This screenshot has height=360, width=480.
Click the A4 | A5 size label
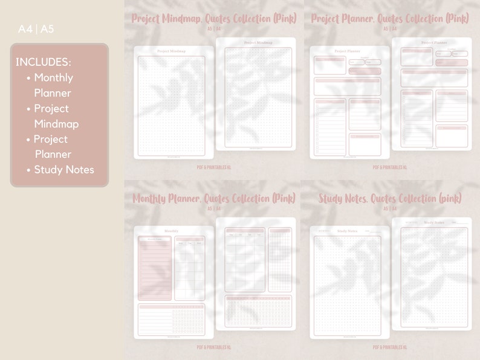tap(36, 28)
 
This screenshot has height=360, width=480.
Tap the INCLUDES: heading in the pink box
tap(43, 62)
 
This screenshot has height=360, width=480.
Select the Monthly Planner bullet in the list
tap(53, 85)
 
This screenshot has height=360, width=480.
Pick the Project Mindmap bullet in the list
tap(56, 116)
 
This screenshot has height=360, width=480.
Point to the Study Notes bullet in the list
tap(64, 170)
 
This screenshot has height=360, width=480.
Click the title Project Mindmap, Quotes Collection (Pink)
tap(214, 19)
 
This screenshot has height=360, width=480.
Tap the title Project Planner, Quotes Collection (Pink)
tap(390, 19)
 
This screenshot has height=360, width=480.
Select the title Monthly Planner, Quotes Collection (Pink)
tap(214, 199)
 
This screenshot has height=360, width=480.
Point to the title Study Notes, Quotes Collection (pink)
tap(390, 199)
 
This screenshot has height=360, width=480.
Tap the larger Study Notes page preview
tap(432, 274)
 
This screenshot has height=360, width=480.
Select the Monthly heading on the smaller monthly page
tap(172, 231)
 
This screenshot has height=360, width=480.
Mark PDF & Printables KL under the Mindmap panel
tap(214, 167)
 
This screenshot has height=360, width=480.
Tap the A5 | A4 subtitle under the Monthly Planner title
tap(214, 209)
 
